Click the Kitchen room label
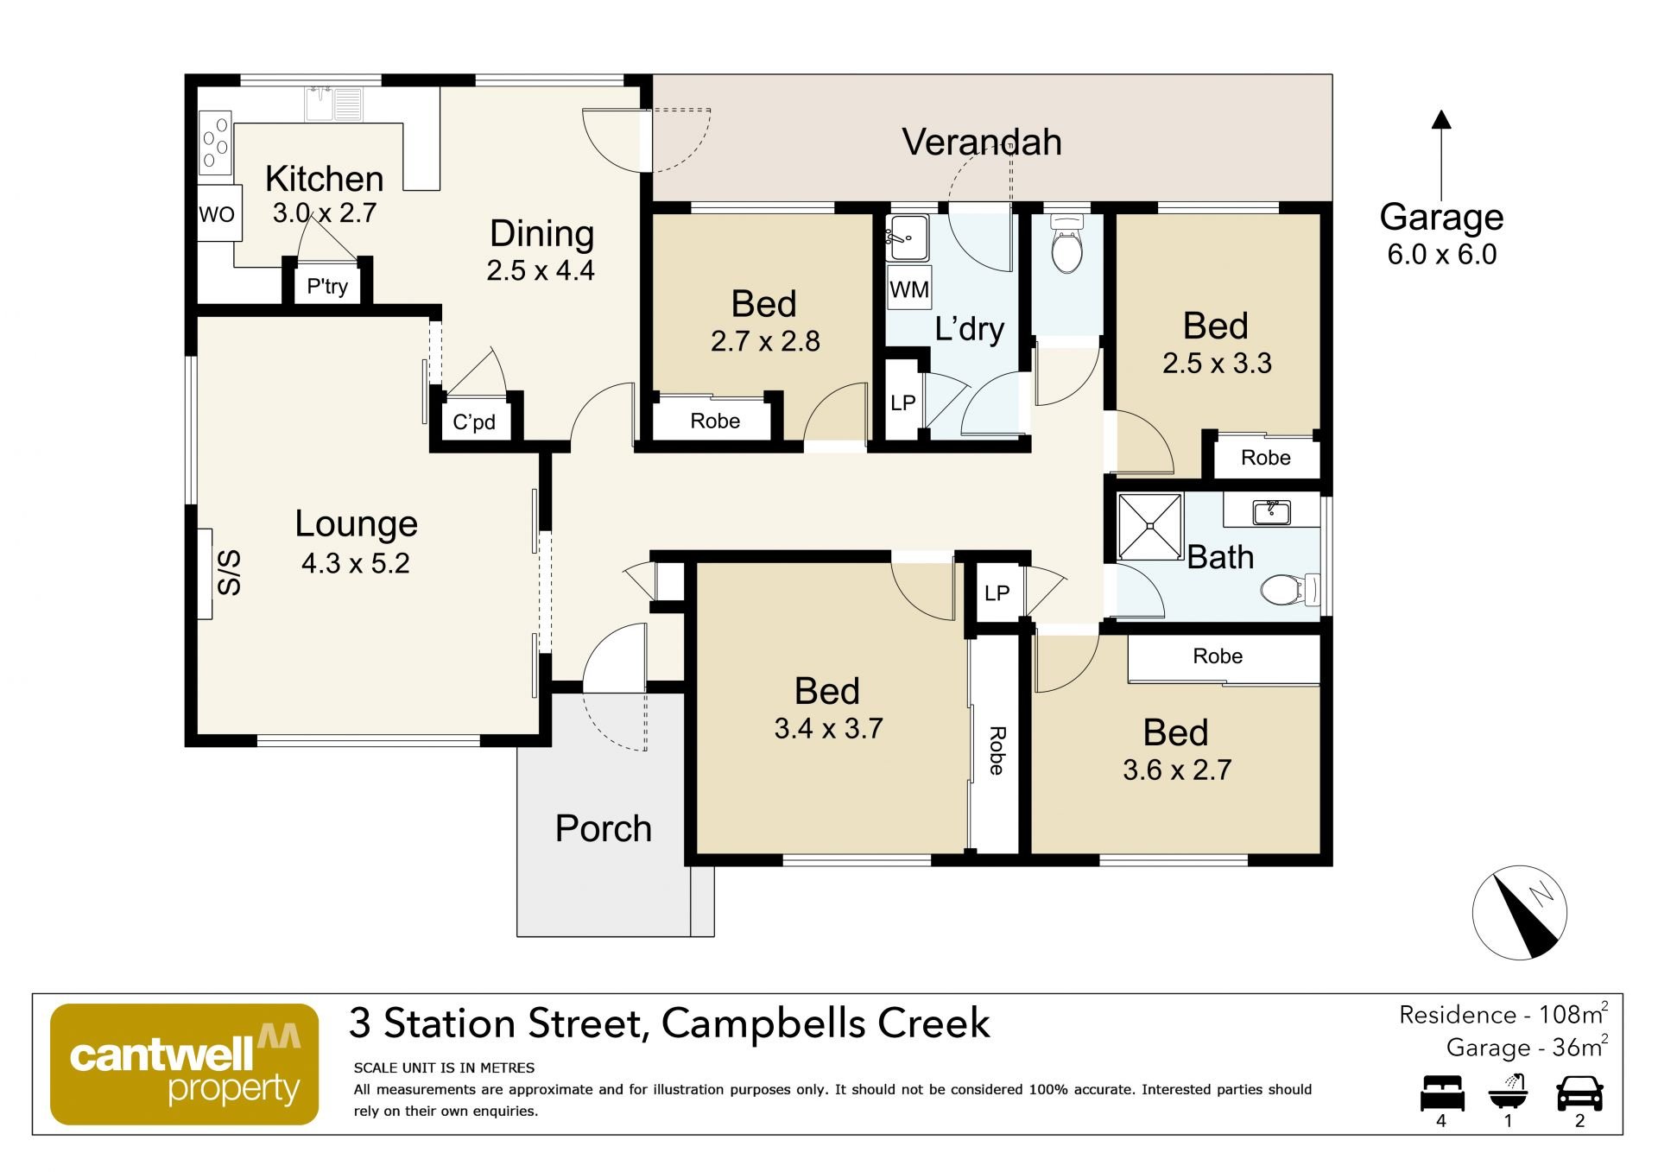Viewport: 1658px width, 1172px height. point(324,179)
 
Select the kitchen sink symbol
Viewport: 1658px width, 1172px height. point(333,105)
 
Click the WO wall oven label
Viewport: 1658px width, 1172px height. point(217,214)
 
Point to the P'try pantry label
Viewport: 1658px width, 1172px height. point(327,286)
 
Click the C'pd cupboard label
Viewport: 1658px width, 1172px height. point(474,421)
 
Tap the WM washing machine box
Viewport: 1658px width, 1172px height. point(909,289)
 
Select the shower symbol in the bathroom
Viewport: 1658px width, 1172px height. point(1149,527)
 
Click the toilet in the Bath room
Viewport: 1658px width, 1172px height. point(1290,591)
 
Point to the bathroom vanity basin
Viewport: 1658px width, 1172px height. point(1271,512)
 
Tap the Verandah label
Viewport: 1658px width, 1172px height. point(982,143)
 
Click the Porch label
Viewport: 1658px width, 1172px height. point(603,828)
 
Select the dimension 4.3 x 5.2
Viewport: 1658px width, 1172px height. point(355,563)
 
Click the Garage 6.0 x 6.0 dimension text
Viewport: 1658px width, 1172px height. point(1441,255)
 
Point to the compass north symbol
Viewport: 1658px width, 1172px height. point(1519,913)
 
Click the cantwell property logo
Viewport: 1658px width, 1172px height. point(184,1064)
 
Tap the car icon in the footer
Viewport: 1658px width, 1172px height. point(1579,1093)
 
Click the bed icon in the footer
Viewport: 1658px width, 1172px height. point(1442,1093)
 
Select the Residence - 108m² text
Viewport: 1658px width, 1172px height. point(1503,1014)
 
